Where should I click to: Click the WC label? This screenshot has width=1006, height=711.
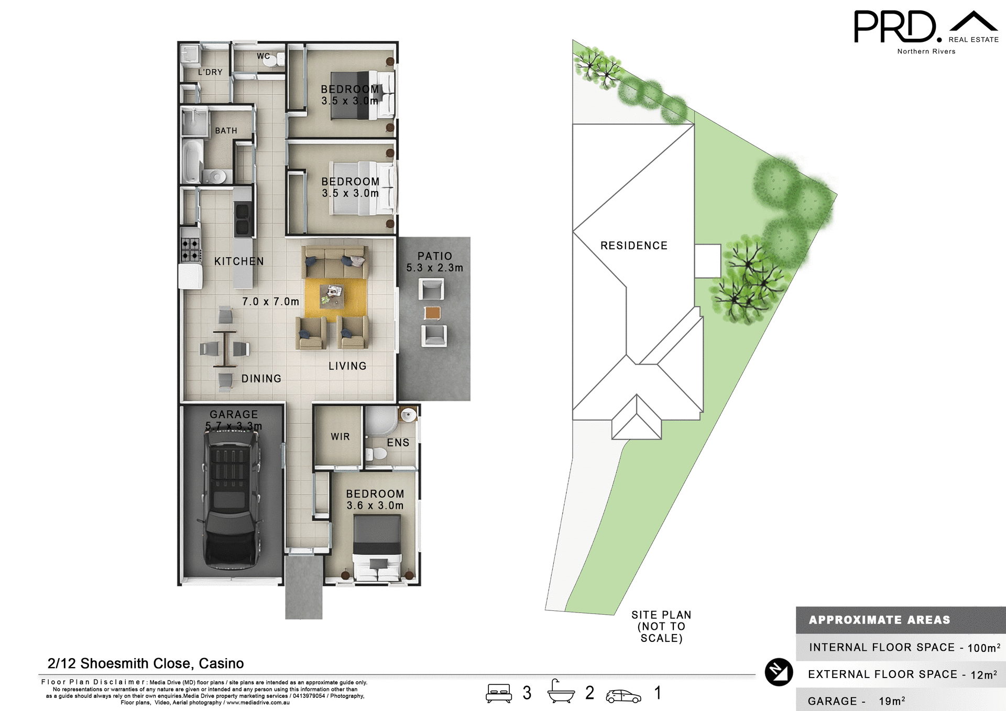pos(263,56)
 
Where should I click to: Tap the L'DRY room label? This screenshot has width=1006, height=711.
pos(210,72)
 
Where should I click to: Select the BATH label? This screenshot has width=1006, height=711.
pos(226,130)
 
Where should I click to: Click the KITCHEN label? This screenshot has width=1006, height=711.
pos(239,261)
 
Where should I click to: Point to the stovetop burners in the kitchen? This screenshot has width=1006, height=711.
pos(190,249)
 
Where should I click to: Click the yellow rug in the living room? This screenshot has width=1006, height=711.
pos(335,298)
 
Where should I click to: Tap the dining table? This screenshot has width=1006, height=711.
pos(225,348)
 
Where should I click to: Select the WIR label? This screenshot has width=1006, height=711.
pos(340,436)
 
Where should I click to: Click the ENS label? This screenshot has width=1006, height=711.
pos(398,443)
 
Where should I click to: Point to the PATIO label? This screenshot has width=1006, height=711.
pos(434,256)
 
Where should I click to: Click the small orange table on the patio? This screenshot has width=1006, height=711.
pos(432,313)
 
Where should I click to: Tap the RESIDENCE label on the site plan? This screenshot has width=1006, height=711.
pos(633,246)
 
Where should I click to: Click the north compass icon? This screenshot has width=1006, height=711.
pos(779,672)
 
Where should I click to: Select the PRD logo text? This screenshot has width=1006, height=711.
pos(895,27)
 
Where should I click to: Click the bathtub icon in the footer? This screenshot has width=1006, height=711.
pos(561,692)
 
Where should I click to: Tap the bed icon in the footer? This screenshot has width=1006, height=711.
pos(498,693)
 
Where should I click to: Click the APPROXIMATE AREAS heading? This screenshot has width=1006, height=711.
pos(879,620)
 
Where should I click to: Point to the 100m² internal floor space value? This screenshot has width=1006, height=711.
pos(983,648)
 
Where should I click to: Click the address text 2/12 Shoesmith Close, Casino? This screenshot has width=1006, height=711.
pos(146,663)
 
